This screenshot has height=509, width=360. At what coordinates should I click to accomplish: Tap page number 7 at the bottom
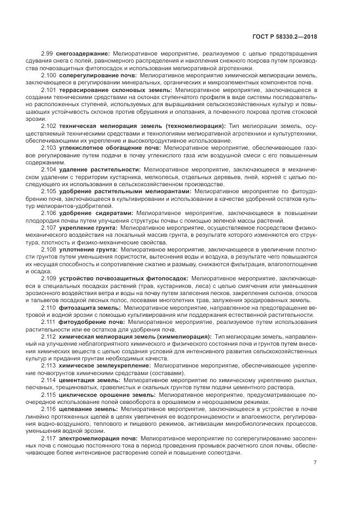click(x=315, y=463)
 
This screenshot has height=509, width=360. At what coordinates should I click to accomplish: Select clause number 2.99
click(x=47, y=53)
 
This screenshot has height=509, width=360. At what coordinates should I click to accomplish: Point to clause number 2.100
click(x=48, y=74)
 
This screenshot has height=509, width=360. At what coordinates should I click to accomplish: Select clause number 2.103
click(x=48, y=147)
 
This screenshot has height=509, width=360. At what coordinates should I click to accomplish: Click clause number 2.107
click(x=48, y=227)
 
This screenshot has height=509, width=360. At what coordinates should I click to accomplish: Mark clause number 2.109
click(x=48, y=278)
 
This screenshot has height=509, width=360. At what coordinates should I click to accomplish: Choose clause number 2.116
click(x=48, y=408)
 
